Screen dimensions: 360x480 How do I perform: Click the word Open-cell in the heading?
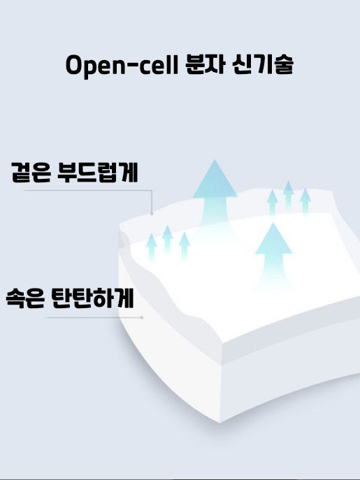122,66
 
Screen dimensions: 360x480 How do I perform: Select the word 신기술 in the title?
263,64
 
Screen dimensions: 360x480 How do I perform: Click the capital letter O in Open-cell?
75,65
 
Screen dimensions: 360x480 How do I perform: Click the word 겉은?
31,173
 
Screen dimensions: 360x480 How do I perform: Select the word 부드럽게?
98,173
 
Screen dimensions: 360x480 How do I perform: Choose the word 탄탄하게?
93,298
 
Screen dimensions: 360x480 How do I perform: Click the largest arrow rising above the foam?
215,196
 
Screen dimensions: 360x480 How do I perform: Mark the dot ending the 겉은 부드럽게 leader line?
152,214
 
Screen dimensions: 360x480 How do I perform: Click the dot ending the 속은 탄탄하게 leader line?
142,317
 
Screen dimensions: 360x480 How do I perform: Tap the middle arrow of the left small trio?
167,240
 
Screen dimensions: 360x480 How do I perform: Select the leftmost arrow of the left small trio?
152,247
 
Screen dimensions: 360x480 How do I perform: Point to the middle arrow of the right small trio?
288,196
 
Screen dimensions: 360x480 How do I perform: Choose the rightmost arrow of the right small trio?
305,203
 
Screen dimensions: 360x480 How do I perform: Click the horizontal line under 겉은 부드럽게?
88,191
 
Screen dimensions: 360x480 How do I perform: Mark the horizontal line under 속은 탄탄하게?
94,317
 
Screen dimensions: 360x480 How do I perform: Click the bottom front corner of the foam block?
220,423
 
